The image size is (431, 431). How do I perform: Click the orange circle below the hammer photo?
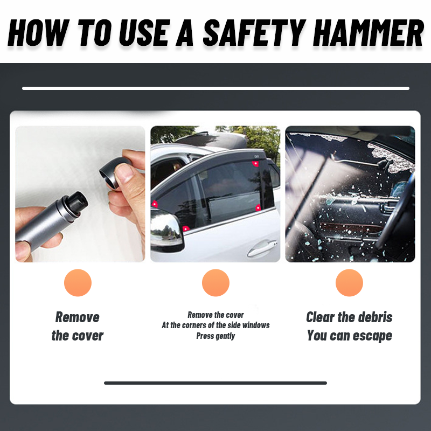pos(78,283)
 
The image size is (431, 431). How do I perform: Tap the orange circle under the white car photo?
pos(215,283)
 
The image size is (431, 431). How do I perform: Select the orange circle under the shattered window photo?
pos(349,283)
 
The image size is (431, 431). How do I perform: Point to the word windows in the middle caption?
pos(255,325)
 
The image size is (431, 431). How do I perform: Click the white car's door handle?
pos(261,249)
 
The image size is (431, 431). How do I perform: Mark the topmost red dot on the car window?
pos(255,163)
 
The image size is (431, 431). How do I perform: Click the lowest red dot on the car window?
pos(185,228)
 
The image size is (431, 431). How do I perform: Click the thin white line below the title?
pos(215,88)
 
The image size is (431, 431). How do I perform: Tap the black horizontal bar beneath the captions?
pos(215,383)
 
